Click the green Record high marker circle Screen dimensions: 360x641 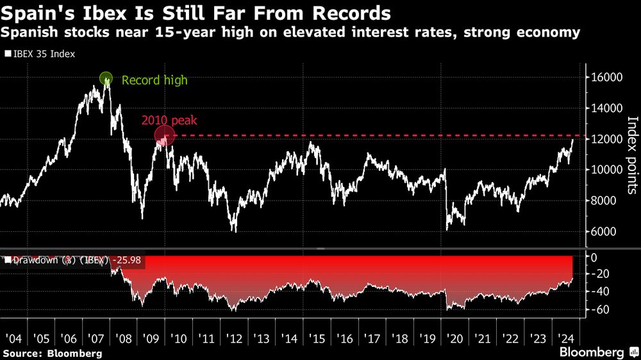[106, 79]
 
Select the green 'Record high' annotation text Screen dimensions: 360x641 [154, 80]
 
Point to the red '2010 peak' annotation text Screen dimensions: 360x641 [169, 120]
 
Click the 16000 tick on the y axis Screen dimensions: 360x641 [606, 78]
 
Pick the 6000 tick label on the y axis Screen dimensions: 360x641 [606, 232]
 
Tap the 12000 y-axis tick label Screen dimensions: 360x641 [606, 139]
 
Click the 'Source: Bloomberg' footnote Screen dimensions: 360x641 [52, 353]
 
